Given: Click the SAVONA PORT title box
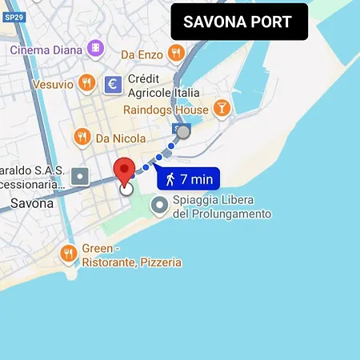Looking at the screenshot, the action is pyautogui.click(x=238, y=22).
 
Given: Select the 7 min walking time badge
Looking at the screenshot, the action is pyautogui.click(x=188, y=178).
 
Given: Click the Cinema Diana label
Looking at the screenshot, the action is pyautogui.click(x=46, y=50).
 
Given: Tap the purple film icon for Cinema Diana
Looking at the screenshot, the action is pyautogui.click(x=96, y=50).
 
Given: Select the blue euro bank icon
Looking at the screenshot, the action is pyautogui.click(x=113, y=83).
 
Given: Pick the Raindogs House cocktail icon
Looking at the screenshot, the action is pyautogui.click(x=222, y=109).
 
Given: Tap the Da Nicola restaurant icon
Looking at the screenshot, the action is pyautogui.click(x=81, y=138).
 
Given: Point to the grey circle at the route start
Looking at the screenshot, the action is pyautogui.click(x=183, y=132).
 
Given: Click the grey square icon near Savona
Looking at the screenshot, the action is pyautogui.click(x=79, y=176).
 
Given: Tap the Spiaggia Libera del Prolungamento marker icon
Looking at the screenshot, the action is pyautogui.click(x=160, y=206).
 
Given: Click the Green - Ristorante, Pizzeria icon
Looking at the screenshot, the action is pyautogui.click(x=69, y=254).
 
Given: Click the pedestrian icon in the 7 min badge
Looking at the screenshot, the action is pyautogui.click(x=170, y=178).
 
